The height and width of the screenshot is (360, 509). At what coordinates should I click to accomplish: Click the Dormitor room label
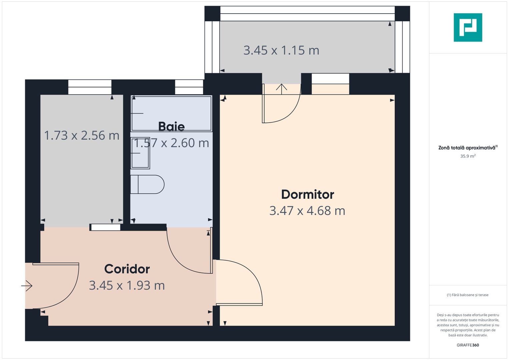click(x=307, y=195)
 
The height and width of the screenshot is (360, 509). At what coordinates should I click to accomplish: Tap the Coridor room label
click(x=127, y=269)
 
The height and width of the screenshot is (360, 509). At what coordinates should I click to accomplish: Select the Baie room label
click(x=171, y=127)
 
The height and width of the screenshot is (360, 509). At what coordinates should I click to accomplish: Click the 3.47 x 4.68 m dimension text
click(x=307, y=211)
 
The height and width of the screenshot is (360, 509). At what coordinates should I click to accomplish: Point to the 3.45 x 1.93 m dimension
click(x=127, y=285)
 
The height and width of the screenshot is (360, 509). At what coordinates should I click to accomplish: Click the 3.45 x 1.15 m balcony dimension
click(x=281, y=50)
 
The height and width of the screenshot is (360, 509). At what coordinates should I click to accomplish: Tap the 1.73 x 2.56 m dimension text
click(x=82, y=135)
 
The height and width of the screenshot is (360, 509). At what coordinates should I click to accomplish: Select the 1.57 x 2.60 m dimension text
click(x=171, y=143)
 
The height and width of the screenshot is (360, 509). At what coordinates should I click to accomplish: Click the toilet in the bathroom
click(x=147, y=184)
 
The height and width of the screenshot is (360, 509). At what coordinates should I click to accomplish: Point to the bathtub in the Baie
click(x=171, y=113)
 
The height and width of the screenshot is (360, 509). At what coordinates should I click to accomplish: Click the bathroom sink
click(x=140, y=153)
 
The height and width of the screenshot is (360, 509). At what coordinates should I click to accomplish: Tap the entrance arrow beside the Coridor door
click(x=27, y=286)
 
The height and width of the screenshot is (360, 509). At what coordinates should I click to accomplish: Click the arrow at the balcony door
click(x=281, y=89)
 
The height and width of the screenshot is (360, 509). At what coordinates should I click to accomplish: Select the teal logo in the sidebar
click(x=468, y=27)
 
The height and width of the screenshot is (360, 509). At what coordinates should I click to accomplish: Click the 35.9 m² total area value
click(x=468, y=156)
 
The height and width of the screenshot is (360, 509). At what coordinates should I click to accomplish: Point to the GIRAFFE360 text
click(x=468, y=345)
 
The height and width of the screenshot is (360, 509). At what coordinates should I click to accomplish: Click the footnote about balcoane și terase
click(x=468, y=295)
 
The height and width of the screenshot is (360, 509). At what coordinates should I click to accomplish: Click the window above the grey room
click(x=90, y=87)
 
